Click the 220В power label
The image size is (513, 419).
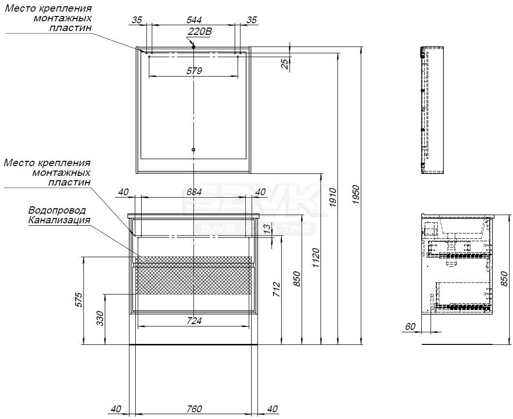(199, 31)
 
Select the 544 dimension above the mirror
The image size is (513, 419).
(194, 20)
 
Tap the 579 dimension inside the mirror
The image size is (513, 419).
(194, 71)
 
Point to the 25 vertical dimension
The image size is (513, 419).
(286, 63)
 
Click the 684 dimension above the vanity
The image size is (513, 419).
(194, 192)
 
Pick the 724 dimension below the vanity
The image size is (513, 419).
(194, 321)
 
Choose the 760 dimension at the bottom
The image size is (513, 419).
(194, 408)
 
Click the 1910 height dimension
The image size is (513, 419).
(333, 198)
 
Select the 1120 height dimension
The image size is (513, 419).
(315, 258)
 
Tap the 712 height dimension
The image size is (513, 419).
(276, 289)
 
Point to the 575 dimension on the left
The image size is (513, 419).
(80, 300)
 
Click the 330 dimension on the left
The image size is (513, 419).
(100, 318)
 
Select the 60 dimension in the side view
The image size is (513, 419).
(410, 326)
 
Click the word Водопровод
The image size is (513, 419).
(57, 210)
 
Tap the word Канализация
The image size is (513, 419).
(59, 220)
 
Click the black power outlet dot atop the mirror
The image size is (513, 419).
(193, 47)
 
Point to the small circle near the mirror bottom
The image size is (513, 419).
(193, 150)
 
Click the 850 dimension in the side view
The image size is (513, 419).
(505, 279)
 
